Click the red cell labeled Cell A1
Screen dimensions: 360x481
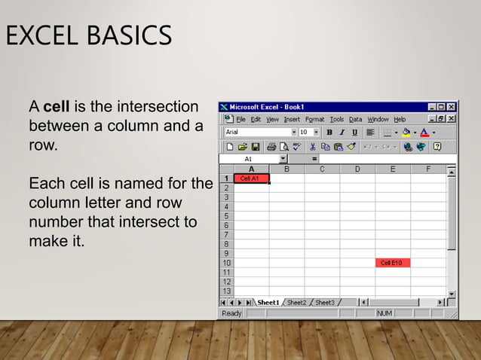pos(250,178)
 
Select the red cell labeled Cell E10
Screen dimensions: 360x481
pos(392,263)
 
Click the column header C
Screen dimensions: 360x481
pos(322,169)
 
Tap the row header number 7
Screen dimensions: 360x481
pos(226,234)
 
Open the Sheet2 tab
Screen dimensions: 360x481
pos(296,302)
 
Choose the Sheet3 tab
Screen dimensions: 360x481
pos(325,302)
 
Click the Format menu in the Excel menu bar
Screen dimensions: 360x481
pos(314,119)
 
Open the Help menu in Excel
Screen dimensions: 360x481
pos(400,119)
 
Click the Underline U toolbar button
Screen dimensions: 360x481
pos(354,133)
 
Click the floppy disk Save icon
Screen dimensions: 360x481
pos(255,146)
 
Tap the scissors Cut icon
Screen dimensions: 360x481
pos(312,146)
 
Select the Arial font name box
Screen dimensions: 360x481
pos(256,133)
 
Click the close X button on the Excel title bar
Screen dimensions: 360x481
pos(451,107)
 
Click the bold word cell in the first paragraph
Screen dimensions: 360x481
pos(57,107)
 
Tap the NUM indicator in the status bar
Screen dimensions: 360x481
pos(384,313)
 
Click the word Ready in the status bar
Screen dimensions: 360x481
pos(231,313)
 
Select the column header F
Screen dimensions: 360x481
pos(428,169)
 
